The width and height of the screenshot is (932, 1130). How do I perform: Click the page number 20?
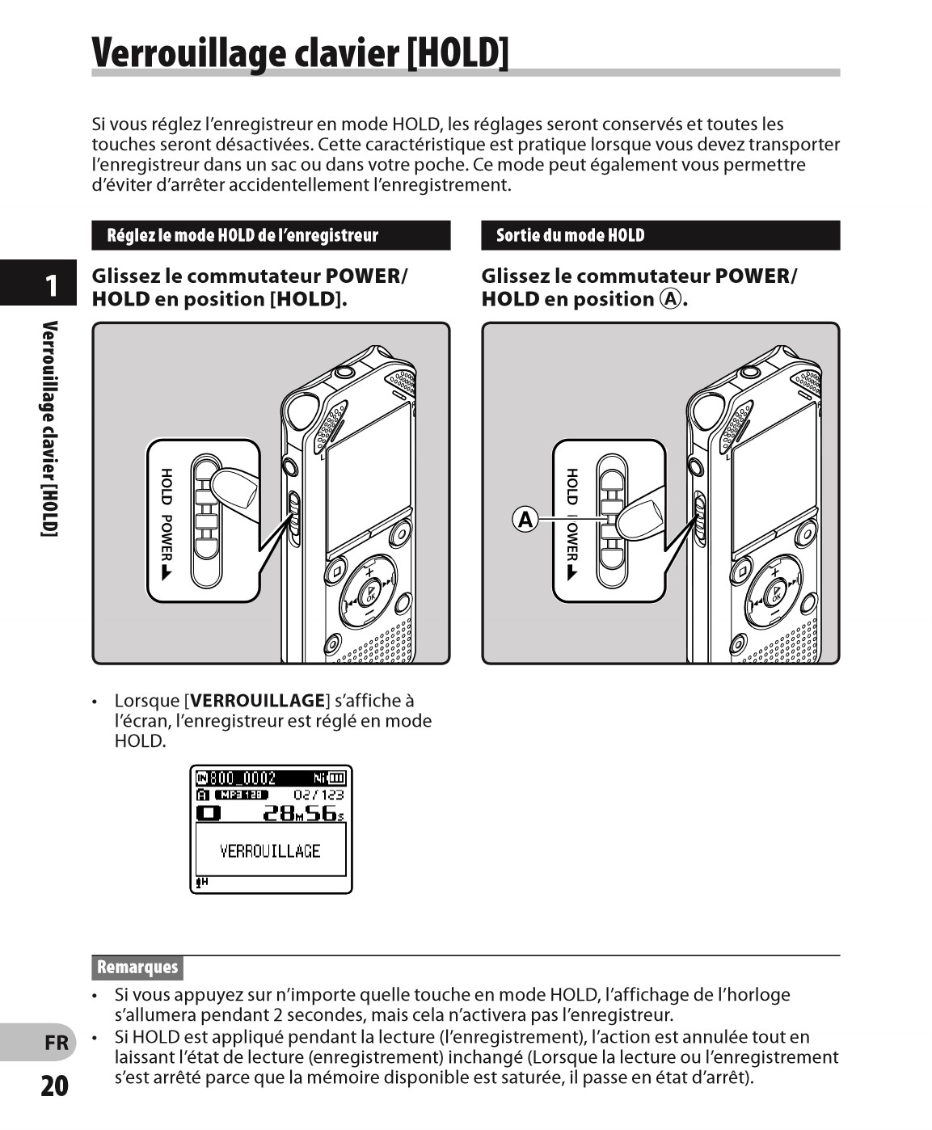(x=54, y=1086)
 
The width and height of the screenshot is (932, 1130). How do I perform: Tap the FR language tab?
(x=56, y=1043)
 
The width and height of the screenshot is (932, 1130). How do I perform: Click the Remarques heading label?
(x=137, y=967)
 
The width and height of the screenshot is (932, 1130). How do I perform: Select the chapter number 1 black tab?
(x=50, y=285)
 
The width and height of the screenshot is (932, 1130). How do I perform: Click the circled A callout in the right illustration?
(x=525, y=519)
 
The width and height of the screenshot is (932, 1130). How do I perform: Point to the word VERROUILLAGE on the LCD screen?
(x=270, y=850)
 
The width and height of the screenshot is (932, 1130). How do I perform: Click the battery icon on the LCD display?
(x=336, y=778)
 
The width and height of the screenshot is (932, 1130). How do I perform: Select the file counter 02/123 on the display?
(x=318, y=795)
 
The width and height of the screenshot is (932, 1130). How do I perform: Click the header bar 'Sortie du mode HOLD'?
(x=660, y=235)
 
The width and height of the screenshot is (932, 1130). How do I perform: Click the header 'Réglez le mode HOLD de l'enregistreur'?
(x=271, y=235)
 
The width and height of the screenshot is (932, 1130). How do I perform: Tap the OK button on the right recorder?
(x=775, y=595)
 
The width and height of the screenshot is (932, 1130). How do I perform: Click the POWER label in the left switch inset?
(x=167, y=538)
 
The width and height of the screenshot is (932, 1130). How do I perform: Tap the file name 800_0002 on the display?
(x=242, y=778)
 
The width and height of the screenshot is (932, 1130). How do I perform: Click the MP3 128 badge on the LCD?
(x=241, y=795)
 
